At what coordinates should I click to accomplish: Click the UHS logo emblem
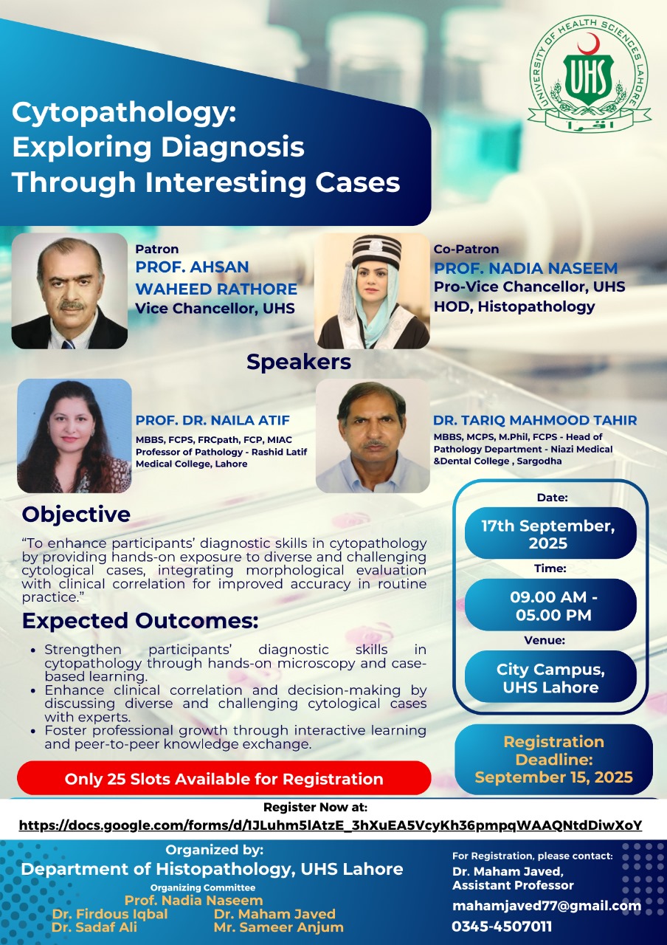pyautogui.click(x=589, y=80)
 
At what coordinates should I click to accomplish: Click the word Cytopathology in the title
pyautogui.click(x=123, y=113)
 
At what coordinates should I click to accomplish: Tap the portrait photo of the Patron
pyautogui.click(x=69, y=291)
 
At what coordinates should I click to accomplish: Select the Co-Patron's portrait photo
pyautogui.click(x=373, y=291)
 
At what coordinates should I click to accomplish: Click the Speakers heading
pyautogui.click(x=299, y=362)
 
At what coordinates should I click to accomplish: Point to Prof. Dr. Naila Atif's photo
pyautogui.click(x=74, y=436)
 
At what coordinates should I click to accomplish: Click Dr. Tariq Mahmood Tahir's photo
pyautogui.click(x=373, y=436)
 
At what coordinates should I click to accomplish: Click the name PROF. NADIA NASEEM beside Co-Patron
pyautogui.click(x=525, y=268)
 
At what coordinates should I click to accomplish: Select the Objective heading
pyautogui.click(x=76, y=514)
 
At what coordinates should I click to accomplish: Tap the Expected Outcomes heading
pyautogui.click(x=140, y=621)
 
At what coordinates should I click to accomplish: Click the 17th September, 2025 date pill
pyautogui.click(x=550, y=534)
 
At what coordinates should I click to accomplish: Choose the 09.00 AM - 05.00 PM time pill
pyautogui.click(x=550, y=605)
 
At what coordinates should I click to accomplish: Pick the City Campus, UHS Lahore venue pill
pyautogui.click(x=550, y=677)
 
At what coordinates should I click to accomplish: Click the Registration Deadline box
pyautogui.click(x=553, y=759)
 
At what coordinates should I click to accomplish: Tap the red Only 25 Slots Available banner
pyautogui.click(x=224, y=778)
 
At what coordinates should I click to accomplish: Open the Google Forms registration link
pyautogui.click(x=330, y=825)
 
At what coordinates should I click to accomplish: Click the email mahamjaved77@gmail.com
pyautogui.click(x=546, y=906)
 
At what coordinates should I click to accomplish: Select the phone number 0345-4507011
pyautogui.click(x=502, y=927)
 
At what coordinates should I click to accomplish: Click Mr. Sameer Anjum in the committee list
pyautogui.click(x=278, y=927)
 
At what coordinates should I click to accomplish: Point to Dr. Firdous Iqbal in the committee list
pyautogui.click(x=110, y=914)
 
